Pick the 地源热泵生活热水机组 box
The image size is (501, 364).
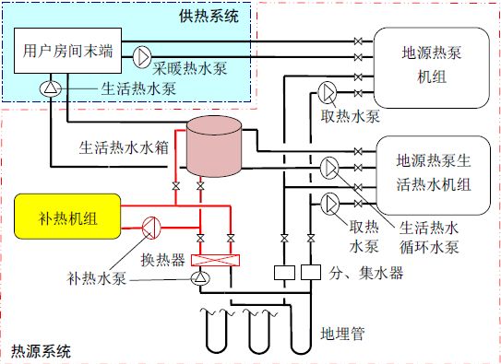coord(432,172)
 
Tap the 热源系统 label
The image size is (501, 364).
coord(39,351)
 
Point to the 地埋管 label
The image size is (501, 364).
coord(338,332)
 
